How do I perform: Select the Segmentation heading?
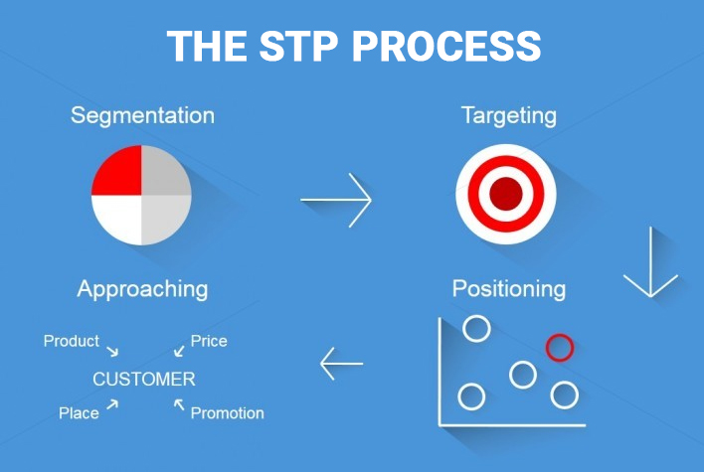(x=142, y=115)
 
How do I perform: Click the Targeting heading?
(x=508, y=115)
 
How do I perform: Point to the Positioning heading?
(x=508, y=289)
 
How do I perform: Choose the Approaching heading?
(x=142, y=289)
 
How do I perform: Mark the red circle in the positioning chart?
(x=560, y=347)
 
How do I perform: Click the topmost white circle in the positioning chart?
(x=477, y=328)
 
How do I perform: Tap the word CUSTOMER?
(x=144, y=380)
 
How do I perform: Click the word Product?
(x=72, y=341)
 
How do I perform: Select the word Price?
(x=209, y=341)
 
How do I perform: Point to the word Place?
(x=79, y=412)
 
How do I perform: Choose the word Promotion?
(x=227, y=412)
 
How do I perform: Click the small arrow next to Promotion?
(x=179, y=403)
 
